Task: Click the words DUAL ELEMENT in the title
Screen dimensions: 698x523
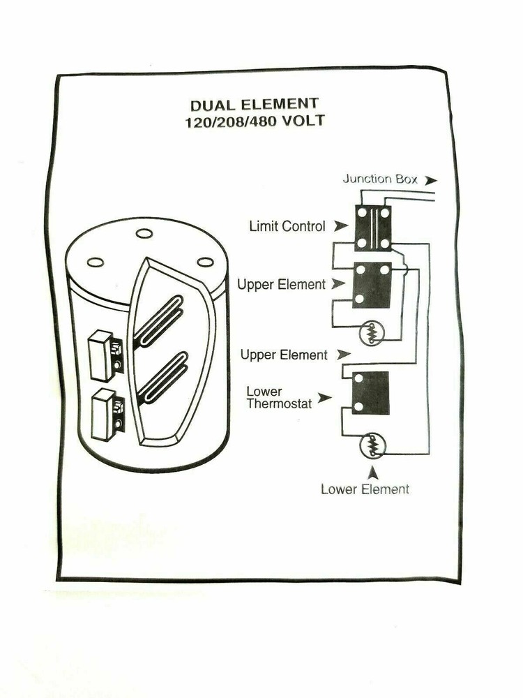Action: (x=254, y=105)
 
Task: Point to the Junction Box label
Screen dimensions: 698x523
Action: (x=380, y=179)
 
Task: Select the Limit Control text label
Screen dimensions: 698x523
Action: (x=287, y=226)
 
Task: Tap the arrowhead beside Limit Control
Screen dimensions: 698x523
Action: (x=340, y=226)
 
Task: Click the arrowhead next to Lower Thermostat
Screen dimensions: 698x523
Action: (x=324, y=398)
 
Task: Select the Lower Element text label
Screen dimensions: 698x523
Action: (x=365, y=489)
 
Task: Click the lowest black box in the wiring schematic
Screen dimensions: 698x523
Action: (x=370, y=393)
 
